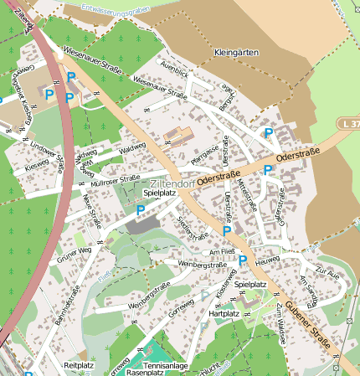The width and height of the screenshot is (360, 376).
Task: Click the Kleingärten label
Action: point(236,52)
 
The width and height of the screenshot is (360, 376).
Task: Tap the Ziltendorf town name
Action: point(172,183)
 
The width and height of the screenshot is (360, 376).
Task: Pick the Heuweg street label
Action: point(267,261)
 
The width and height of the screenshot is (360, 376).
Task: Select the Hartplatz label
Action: point(224,313)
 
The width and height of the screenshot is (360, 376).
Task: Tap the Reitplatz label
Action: point(79,365)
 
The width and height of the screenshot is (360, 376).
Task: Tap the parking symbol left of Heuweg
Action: point(243,261)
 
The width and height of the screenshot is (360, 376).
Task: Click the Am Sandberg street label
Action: point(309,288)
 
